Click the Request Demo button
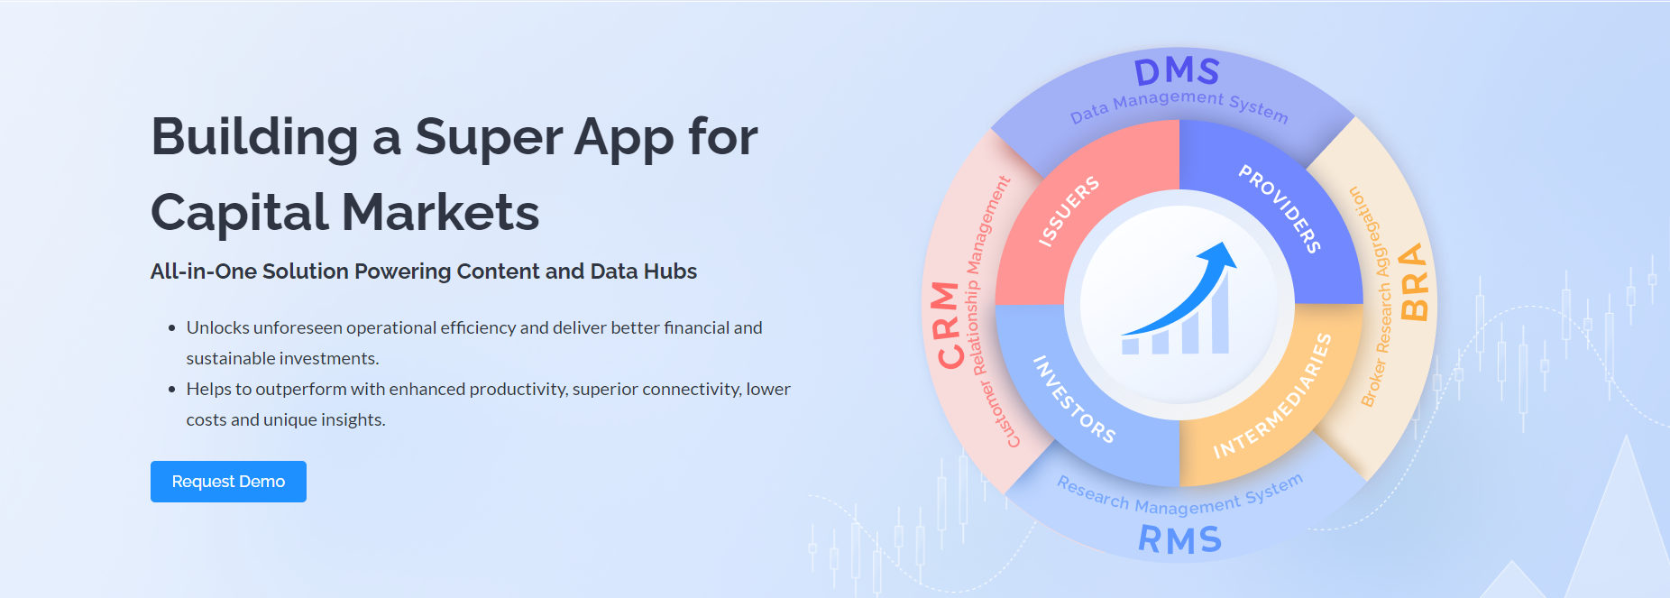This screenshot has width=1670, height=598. click(228, 482)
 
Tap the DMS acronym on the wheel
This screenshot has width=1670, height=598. click(1177, 71)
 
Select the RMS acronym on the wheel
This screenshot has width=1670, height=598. click(1179, 539)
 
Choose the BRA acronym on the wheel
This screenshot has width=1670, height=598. click(1413, 281)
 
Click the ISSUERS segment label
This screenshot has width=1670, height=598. click(1069, 211)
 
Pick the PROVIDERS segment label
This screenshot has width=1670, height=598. click(1280, 208)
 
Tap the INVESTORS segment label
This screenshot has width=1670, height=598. click(1074, 399)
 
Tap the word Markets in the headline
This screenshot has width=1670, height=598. click(440, 213)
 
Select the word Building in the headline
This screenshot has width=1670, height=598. click(254, 137)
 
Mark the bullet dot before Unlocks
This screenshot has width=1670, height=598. click(171, 328)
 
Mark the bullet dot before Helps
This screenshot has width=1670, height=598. click(171, 390)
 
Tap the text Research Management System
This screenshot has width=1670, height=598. click(1179, 498)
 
